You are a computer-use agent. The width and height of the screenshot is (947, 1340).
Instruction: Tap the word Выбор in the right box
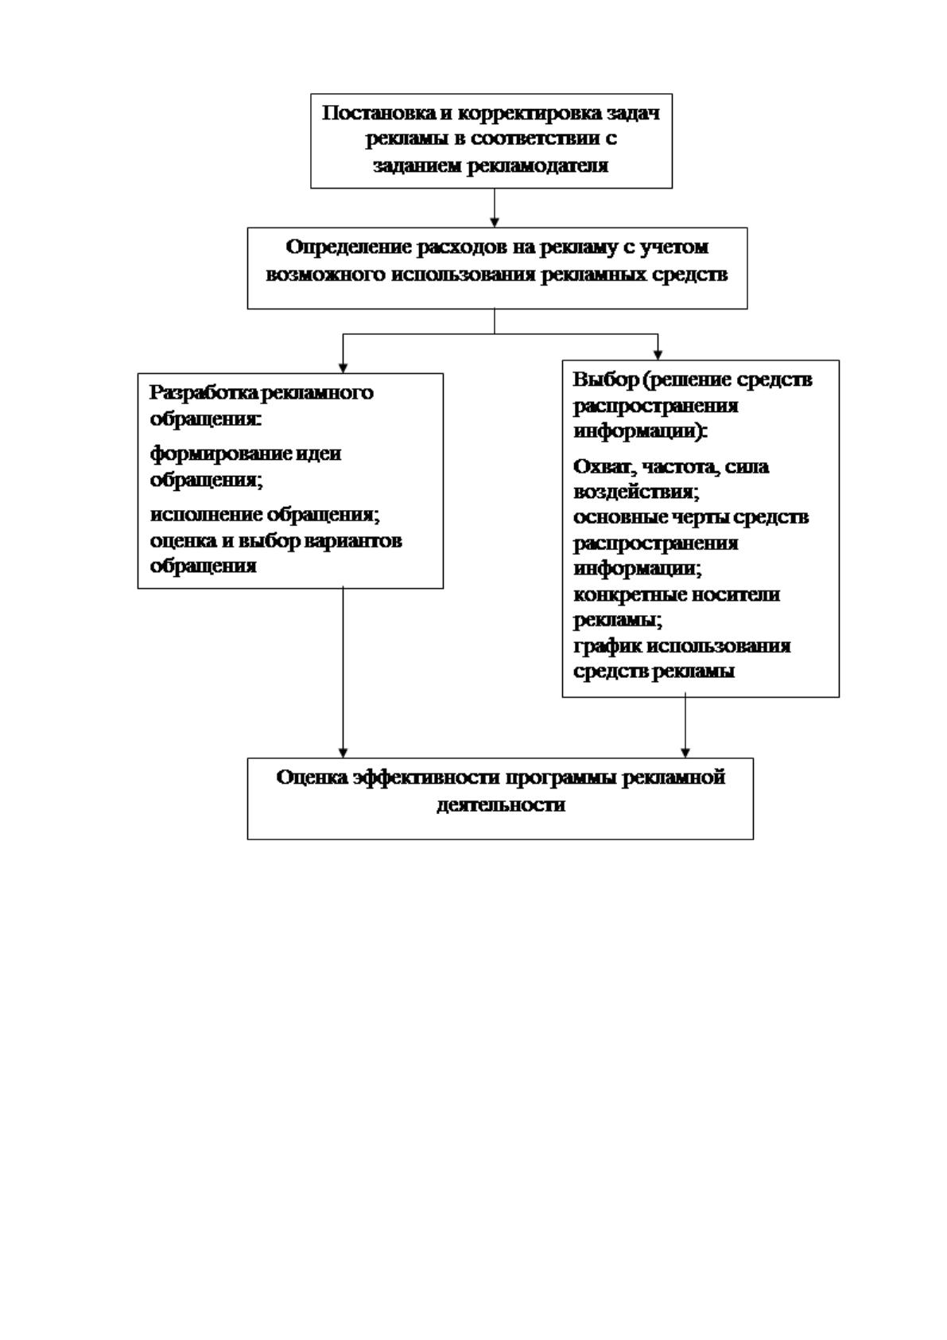[x=606, y=380]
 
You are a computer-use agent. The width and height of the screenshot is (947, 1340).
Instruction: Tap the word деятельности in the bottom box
[x=500, y=804]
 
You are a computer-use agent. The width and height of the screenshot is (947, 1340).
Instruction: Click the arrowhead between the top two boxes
[x=495, y=222]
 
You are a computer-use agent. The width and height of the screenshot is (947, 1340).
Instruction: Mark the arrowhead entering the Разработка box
[x=343, y=368]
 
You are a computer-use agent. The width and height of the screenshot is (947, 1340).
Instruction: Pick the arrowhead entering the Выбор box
[x=658, y=355]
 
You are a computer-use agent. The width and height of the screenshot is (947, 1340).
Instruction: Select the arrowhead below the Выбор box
[x=685, y=753]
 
